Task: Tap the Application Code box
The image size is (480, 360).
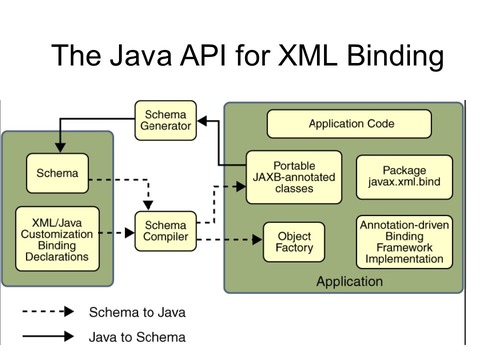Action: click(x=348, y=124)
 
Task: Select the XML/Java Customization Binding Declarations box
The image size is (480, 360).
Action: click(x=57, y=235)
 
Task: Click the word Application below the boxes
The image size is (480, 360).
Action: click(x=349, y=281)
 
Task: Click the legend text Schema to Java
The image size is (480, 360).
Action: click(x=137, y=312)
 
